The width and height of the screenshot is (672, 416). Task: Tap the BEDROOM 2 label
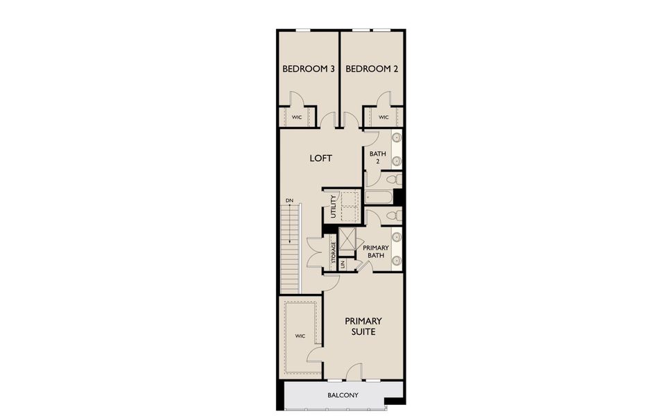pos(371,69)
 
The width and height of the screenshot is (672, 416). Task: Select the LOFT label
pos(320,158)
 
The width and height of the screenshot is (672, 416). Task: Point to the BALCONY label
pos(343,395)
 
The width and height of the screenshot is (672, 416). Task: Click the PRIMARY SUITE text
pos(363,326)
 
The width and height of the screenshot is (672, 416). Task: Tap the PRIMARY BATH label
pos(376,251)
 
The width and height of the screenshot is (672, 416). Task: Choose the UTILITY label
pos(334,207)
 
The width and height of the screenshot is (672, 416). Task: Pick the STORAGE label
pos(334,254)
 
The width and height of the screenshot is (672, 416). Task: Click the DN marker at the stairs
pos(289,201)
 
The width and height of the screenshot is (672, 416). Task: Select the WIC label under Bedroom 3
pos(297,117)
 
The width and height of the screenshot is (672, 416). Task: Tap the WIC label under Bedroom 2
pos(384,117)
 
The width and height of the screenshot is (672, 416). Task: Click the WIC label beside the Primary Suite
pos(300,336)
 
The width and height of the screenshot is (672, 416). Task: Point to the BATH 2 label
pos(377,157)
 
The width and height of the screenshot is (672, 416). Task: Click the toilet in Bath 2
pos(392,180)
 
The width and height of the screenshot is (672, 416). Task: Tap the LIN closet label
pos(343,264)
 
